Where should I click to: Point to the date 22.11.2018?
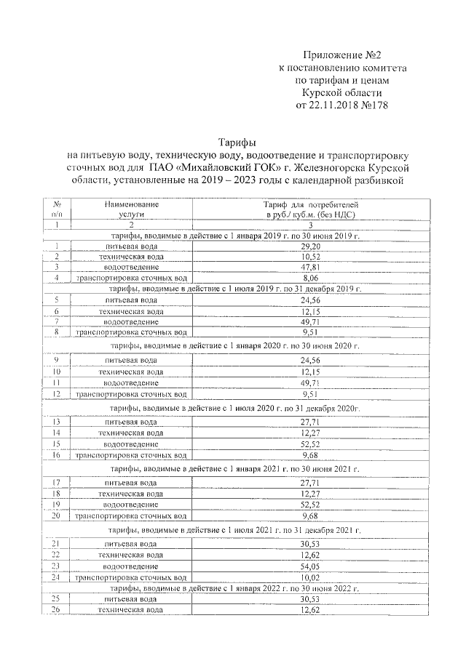341,105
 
